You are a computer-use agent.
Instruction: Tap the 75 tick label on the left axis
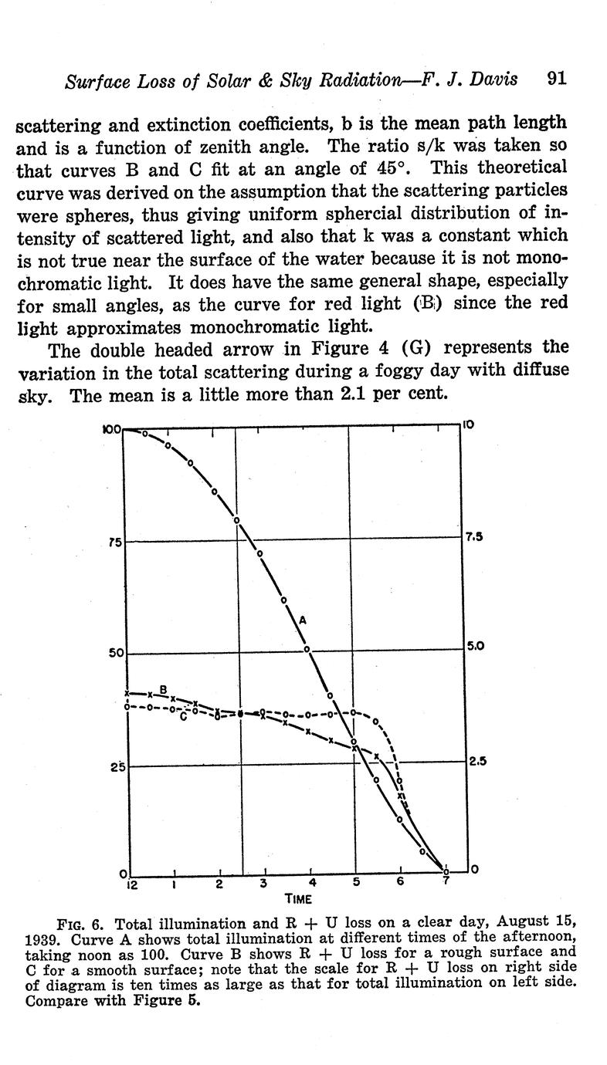tap(114, 543)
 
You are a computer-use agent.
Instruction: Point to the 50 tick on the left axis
tap(114, 654)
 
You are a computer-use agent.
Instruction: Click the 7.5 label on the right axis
tap(473, 537)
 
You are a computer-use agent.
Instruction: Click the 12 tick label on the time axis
tap(131, 884)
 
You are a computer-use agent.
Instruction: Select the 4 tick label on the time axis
tap(312, 883)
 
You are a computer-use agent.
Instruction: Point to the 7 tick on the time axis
tap(446, 880)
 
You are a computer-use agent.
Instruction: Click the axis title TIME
tap(298, 898)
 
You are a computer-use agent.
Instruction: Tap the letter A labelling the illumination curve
tap(303, 619)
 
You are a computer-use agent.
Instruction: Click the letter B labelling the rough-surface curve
tap(163, 689)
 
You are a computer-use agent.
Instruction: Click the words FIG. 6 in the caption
tap(80, 924)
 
